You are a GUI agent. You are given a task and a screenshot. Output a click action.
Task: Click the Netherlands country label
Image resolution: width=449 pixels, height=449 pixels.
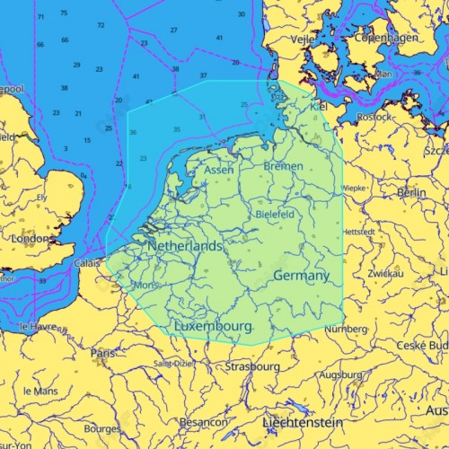point(185,245)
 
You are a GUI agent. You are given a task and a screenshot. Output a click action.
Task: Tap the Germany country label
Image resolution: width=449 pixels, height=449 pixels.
point(301,275)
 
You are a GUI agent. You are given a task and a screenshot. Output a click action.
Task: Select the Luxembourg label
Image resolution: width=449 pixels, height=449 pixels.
point(213,325)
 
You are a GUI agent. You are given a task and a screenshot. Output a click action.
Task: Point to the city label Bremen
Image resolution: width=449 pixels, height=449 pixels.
point(283,166)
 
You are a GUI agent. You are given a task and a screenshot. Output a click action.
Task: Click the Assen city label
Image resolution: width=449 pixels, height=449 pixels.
point(219,170)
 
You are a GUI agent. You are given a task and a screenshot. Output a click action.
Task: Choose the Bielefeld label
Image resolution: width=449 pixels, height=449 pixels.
point(275,216)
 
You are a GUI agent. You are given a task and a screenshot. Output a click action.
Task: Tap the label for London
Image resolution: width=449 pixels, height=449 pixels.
point(31,239)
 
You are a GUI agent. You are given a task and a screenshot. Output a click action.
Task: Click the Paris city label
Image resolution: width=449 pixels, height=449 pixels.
point(103,353)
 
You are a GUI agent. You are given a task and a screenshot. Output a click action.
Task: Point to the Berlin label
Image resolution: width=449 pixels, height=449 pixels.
point(411,192)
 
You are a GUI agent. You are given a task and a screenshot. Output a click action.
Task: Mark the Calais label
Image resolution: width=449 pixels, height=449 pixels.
point(87,263)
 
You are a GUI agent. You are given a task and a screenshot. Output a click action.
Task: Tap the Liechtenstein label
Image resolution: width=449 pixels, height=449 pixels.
point(304,421)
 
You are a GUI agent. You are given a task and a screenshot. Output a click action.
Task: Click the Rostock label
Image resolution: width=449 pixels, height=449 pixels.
point(374,117)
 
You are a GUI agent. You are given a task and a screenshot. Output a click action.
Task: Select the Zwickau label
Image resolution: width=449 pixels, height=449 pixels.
point(384,273)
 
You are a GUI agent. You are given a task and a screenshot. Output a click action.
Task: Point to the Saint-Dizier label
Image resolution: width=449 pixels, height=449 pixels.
point(174,364)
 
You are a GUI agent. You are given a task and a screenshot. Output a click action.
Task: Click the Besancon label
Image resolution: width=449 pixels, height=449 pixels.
point(203,422)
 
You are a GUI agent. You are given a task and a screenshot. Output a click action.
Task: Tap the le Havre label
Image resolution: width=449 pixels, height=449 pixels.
point(38,326)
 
